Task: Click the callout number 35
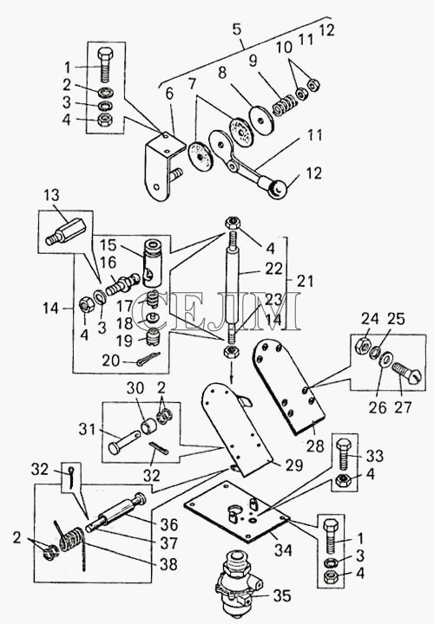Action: (x=282, y=595)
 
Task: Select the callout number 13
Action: (x=51, y=195)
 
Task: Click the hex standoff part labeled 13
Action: (x=66, y=234)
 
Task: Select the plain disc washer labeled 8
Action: (x=261, y=120)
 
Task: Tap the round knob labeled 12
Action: (x=278, y=190)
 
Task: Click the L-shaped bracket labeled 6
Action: (x=162, y=163)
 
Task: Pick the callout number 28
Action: (x=315, y=446)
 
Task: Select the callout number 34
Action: (x=283, y=550)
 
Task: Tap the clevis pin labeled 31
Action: (x=124, y=442)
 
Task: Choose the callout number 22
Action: (x=273, y=269)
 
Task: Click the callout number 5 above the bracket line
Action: (x=237, y=29)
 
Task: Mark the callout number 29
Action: (x=294, y=465)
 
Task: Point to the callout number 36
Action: (x=169, y=524)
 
